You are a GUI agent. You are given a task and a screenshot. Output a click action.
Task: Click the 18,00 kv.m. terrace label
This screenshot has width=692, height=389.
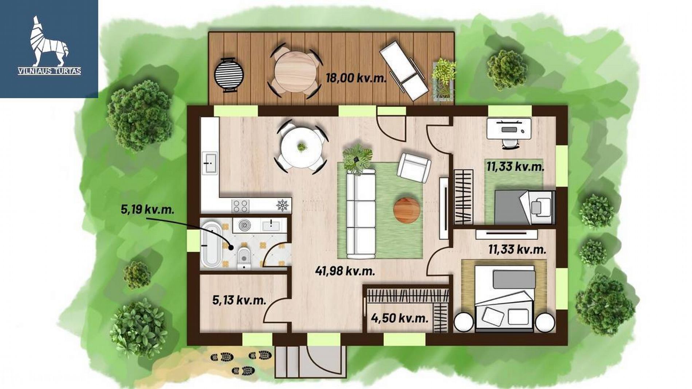point(356,78)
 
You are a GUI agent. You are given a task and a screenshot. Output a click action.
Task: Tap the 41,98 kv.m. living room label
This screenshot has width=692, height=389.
point(345,271)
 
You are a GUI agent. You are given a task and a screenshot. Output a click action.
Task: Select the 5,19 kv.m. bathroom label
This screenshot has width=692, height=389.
point(148,210)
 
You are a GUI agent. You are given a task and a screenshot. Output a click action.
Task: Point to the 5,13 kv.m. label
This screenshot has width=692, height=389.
point(239,300)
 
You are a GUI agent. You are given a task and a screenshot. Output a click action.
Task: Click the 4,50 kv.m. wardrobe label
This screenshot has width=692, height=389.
point(400,318)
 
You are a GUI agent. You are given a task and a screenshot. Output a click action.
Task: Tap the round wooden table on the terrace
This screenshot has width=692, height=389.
point(295,71)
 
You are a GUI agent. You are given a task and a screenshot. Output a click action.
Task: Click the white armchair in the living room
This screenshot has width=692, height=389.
point(414,168)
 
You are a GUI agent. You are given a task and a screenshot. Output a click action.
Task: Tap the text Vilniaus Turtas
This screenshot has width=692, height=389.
point(50,71)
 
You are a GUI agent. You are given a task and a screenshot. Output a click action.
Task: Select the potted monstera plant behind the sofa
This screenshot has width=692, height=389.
point(357,159)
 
